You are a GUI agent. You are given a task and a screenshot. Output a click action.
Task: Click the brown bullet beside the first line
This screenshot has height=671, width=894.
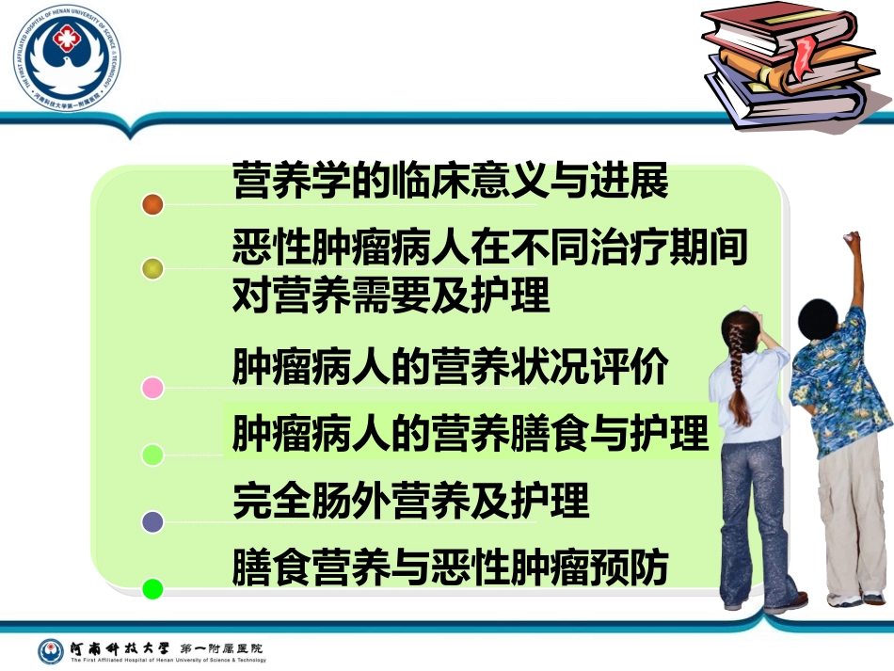pyautogui.click(x=152, y=204)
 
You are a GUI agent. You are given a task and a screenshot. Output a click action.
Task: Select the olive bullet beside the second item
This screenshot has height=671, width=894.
pyautogui.click(x=152, y=269)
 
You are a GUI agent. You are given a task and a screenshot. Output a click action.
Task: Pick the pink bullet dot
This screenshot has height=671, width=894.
pyautogui.click(x=152, y=388)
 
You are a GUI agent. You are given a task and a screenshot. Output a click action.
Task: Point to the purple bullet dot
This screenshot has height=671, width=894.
pyautogui.click(x=152, y=521)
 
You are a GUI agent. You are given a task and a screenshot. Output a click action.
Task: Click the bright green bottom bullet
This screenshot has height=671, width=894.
pyautogui.click(x=152, y=589)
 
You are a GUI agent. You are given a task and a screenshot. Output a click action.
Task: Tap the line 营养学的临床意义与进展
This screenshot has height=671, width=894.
pyautogui.click(x=451, y=181)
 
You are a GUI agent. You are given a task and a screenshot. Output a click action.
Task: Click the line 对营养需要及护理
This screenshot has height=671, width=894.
pyautogui.click(x=391, y=296)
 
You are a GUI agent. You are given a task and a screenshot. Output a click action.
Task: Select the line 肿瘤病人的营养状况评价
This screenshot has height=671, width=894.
pyautogui.click(x=451, y=367)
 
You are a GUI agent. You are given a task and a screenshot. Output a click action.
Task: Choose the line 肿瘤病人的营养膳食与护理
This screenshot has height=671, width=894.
pyautogui.click(x=471, y=434)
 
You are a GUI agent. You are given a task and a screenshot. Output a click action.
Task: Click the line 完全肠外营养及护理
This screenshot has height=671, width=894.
pyautogui.click(x=410, y=501)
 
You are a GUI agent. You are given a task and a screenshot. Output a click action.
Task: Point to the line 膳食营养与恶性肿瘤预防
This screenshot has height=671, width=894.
pyautogui.click(x=451, y=567)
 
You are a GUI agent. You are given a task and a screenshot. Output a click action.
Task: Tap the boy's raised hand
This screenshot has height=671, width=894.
pyautogui.click(x=853, y=243)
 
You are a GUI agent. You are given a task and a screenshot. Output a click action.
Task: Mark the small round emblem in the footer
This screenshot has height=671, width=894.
pyautogui.click(x=51, y=651)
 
